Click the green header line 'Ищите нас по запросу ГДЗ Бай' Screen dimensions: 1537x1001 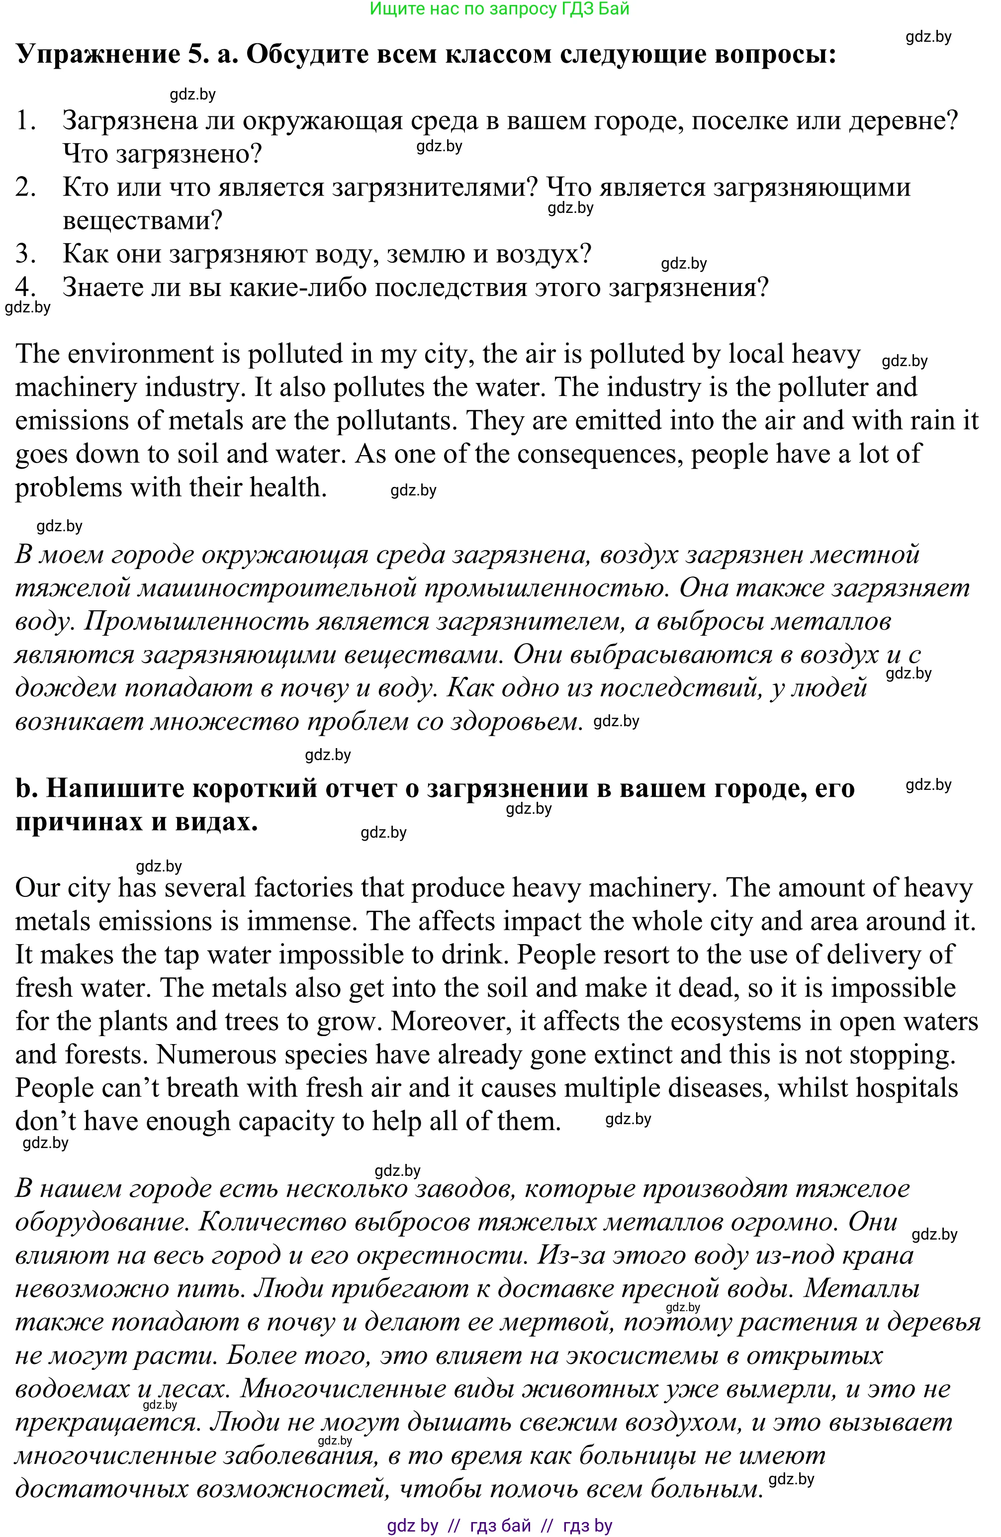tap(499, 9)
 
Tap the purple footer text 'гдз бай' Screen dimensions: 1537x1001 tap(500, 1526)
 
